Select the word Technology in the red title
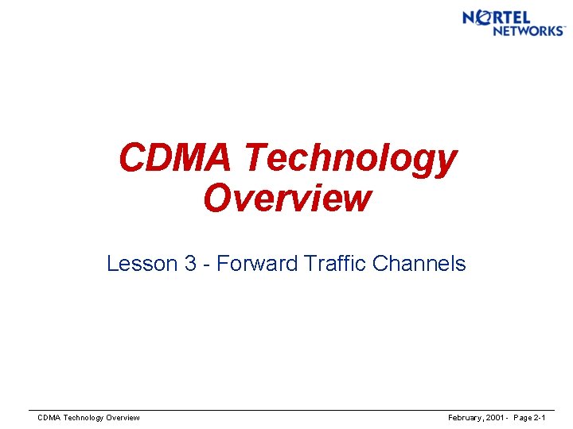[351, 160]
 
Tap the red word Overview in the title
[286, 198]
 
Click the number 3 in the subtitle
[191, 264]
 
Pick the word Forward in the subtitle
[257, 264]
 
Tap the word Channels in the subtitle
[421, 264]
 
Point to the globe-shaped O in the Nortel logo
[481, 18]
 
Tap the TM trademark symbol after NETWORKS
[564, 28]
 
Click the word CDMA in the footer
[49, 418]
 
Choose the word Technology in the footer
[84, 418]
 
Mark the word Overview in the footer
[123, 418]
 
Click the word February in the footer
[465, 418]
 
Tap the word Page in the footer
[525, 418]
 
